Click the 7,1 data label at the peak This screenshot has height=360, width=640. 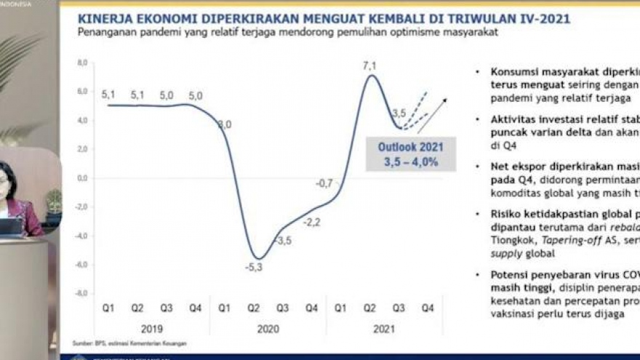(x=369, y=66)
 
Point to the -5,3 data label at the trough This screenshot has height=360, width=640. (x=255, y=268)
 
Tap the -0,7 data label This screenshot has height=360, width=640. (x=324, y=183)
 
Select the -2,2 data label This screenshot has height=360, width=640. (x=312, y=222)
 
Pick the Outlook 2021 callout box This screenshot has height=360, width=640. (x=410, y=154)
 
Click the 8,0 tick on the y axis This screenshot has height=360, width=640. (x=81, y=63)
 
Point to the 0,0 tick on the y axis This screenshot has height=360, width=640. (x=81, y=178)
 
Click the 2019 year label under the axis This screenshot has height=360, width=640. (x=152, y=329)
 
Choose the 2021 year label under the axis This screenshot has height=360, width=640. (x=383, y=329)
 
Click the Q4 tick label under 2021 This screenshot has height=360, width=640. (x=428, y=308)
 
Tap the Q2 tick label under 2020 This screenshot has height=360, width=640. (x=253, y=308)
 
